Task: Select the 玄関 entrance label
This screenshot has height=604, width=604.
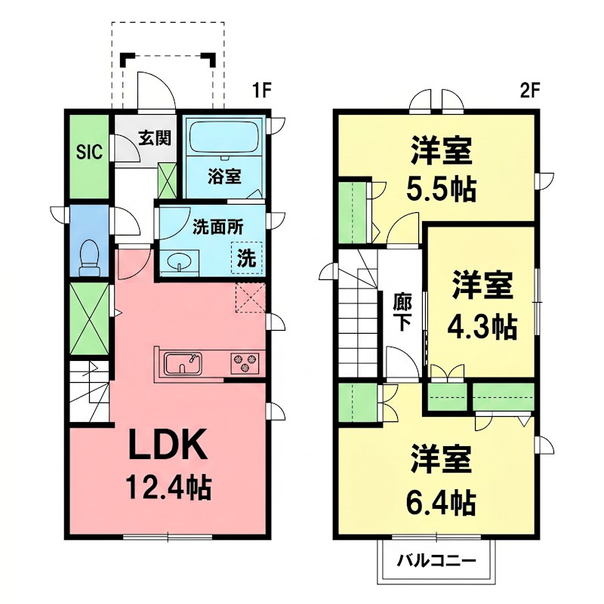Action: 154,138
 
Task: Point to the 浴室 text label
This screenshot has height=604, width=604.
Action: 224,177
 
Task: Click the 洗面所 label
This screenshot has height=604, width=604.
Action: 212,226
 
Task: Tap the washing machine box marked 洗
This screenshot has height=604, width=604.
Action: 247,257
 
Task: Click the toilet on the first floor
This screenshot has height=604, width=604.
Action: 90,257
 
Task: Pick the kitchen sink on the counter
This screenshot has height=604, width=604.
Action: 183,363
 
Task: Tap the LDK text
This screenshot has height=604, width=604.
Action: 166,447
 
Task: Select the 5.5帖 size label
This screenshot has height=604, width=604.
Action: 442,190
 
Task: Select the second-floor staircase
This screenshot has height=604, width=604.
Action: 356,317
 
